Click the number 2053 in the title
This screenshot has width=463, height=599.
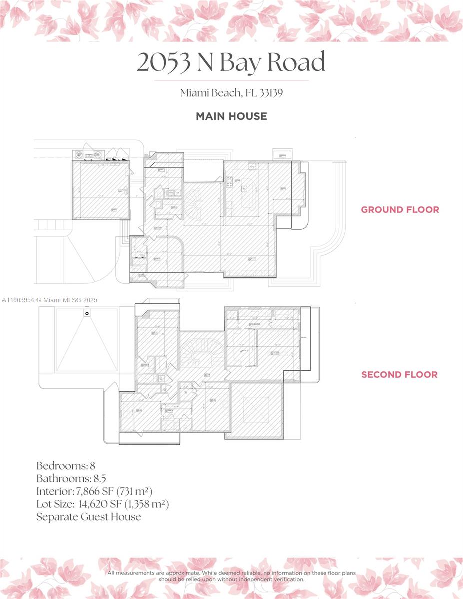click(164, 62)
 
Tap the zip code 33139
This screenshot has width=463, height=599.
click(271, 93)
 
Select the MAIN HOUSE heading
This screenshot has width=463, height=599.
click(231, 116)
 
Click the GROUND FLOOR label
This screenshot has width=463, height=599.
click(400, 210)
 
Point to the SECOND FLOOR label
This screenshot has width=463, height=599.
click(399, 375)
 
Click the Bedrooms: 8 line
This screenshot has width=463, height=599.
click(66, 466)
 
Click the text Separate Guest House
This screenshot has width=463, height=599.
click(88, 517)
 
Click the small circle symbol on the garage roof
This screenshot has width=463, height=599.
click(87, 313)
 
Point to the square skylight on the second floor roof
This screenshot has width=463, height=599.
click(257, 410)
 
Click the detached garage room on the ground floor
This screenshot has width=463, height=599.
click(101, 190)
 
